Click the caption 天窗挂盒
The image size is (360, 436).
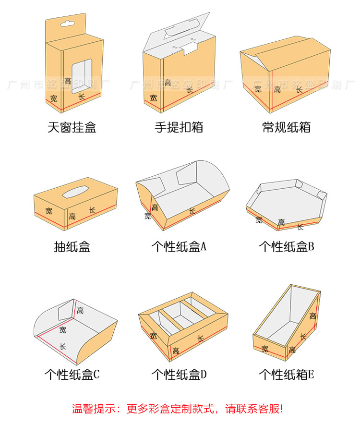pyautogui.click(x=72, y=127)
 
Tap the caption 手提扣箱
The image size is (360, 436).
pyautogui.click(x=179, y=127)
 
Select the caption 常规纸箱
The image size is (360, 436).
pyautogui.click(x=286, y=127)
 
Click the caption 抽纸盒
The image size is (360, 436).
pyautogui.click(x=72, y=247)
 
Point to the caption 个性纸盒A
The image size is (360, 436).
pyautogui.click(x=179, y=247)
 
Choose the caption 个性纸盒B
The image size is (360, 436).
pyautogui.click(x=286, y=247)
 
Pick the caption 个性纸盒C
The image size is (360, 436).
pyautogui.click(x=72, y=374)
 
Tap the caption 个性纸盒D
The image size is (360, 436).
pyautogui.click(x=179, y=374)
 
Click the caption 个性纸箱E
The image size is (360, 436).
pyautogui.click(x=286, y=374)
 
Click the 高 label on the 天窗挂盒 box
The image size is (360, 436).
pyautogui.click(x=68, y=81)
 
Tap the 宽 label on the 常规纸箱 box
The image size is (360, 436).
pyautogui.click(x=258, y=88)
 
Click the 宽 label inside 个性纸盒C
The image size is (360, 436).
pyautogui.click(x=63, y=330)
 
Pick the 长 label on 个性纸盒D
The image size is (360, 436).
pyautogui.click(x=201, y=339)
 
